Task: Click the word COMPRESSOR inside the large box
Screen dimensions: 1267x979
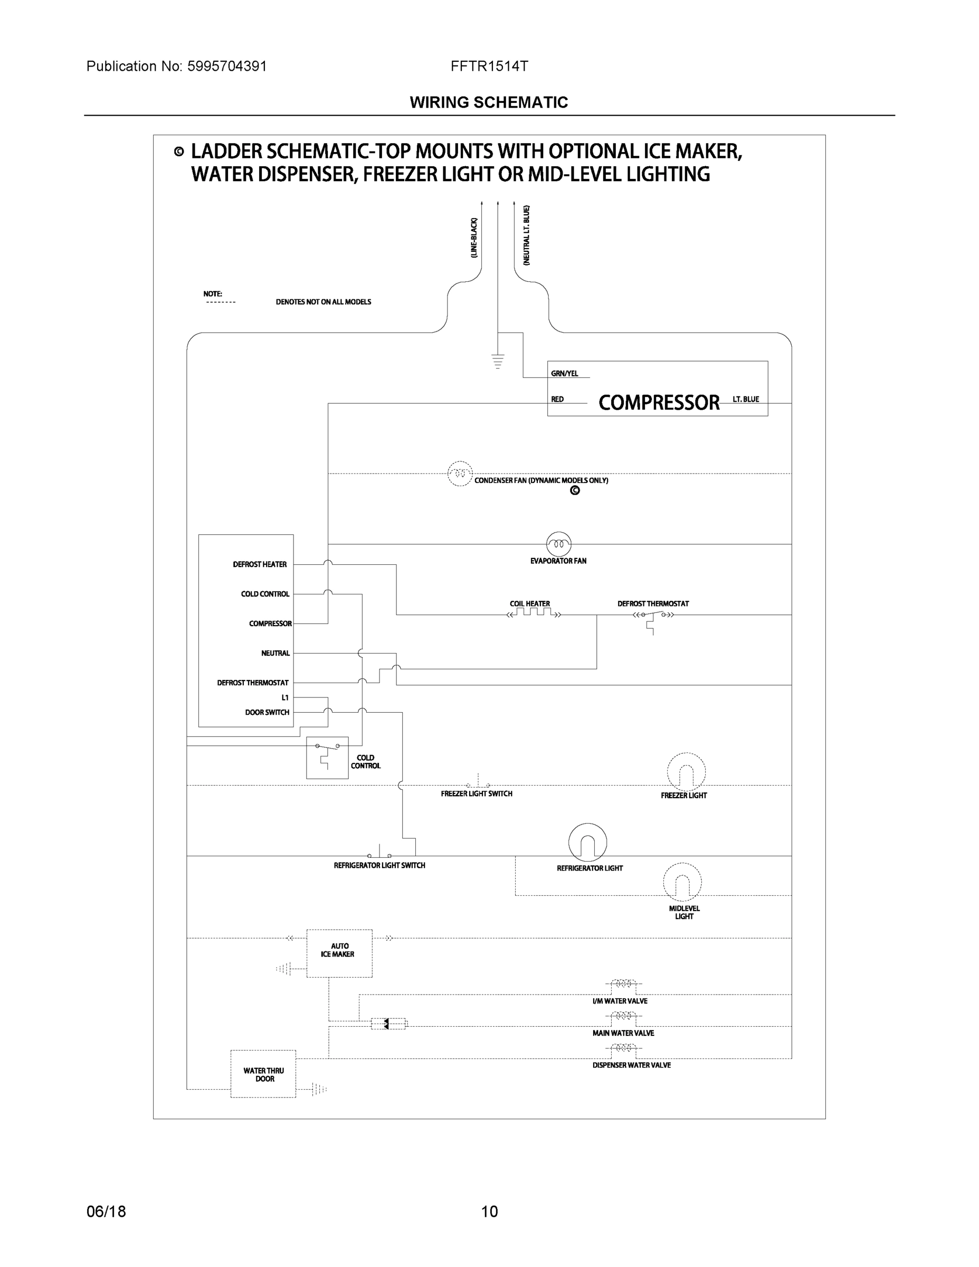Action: point(658,402)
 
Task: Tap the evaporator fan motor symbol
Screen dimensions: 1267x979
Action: point(558,544)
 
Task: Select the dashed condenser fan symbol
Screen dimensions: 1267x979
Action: point(460,474)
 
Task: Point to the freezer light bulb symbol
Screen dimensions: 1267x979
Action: point(686,772)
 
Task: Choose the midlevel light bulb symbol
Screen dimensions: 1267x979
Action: point(682,882)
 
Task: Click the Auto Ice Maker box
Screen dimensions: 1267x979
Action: point(339,953)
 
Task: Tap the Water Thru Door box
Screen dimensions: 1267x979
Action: point(263,1074)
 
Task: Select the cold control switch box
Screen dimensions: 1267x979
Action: point(327,758)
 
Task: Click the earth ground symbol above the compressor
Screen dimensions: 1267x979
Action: point(498,362)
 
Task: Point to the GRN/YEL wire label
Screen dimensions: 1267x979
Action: point(564,374)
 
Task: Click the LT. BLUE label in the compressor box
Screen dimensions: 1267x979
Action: point(745,399)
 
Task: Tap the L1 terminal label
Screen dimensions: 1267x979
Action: point(285,697)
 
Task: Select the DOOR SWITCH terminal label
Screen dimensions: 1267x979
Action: point(267,712)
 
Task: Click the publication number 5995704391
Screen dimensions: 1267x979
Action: point(227,66)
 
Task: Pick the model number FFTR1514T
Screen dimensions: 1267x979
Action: point(489,66)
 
